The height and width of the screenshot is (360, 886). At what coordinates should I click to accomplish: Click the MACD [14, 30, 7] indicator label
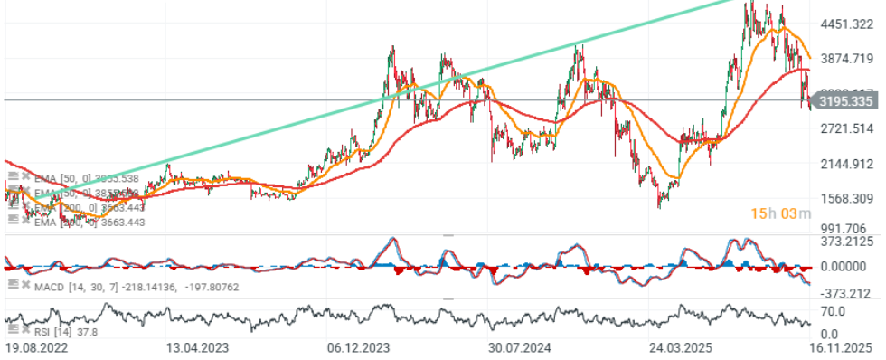point(68,286)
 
